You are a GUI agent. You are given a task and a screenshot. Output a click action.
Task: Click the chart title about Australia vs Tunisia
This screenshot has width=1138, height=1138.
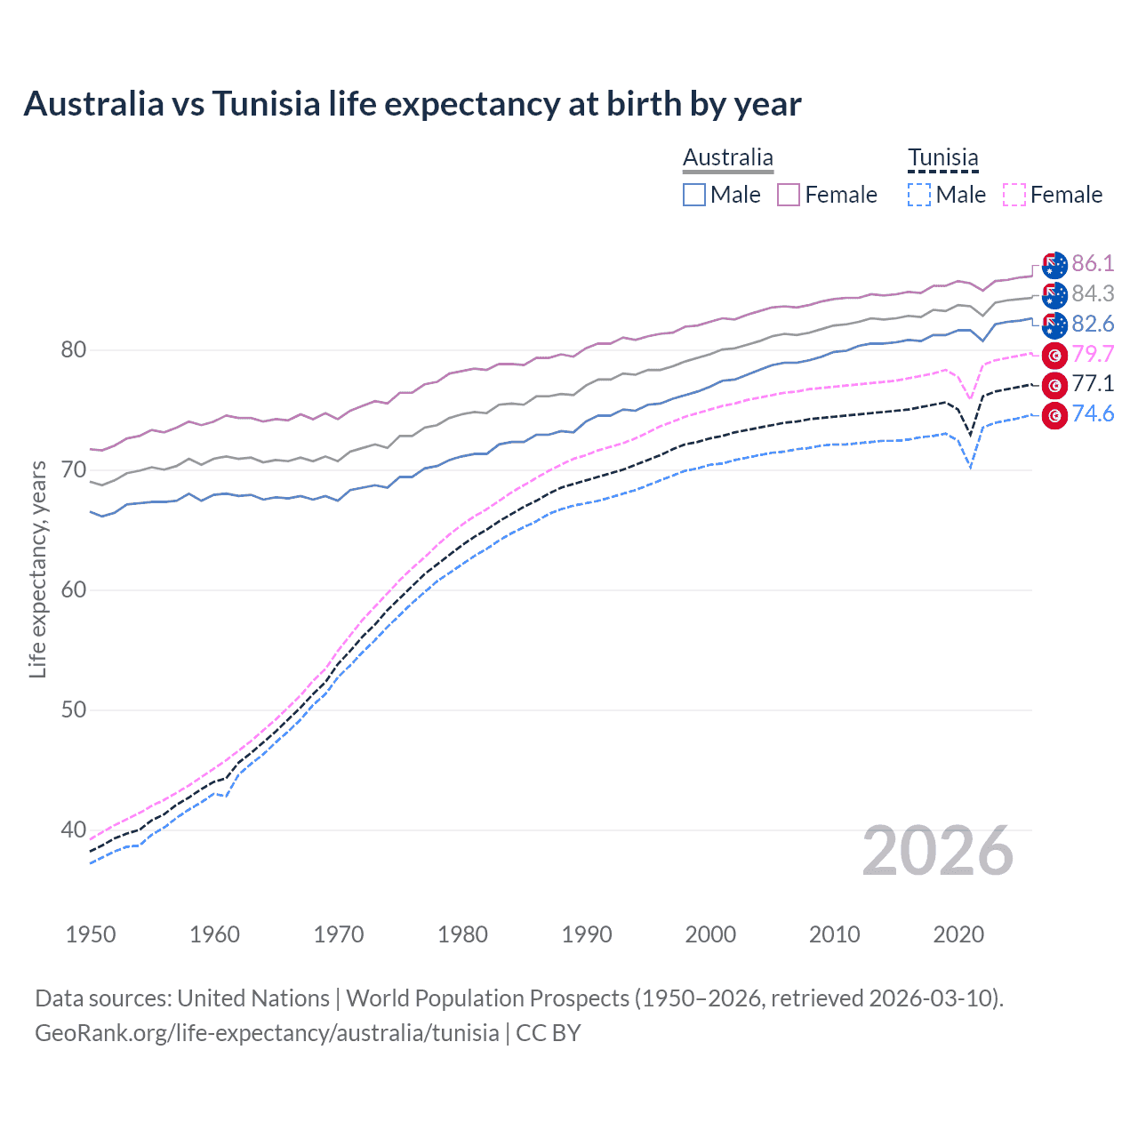point(413,104)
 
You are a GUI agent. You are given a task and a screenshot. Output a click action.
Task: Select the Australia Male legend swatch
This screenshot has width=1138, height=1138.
point(694,195)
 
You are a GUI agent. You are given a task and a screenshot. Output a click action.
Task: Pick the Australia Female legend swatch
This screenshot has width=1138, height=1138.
point(789,195)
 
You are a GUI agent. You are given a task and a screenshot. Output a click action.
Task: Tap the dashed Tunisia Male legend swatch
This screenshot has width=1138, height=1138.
point(919,195)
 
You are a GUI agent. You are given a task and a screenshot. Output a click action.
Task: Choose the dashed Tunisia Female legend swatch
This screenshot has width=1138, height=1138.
point(1014,195)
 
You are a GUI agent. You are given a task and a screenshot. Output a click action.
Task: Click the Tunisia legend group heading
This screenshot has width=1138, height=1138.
point(942,158)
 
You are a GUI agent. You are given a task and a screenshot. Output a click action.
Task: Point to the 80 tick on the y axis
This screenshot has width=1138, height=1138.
point(73,350)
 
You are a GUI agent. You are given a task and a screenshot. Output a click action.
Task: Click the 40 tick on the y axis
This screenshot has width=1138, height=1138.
point(73,830)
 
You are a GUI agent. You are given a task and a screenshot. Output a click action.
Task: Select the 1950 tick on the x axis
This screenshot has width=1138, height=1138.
point(91,934)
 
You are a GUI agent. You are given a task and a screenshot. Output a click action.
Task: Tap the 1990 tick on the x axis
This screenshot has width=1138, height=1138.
point(587,934)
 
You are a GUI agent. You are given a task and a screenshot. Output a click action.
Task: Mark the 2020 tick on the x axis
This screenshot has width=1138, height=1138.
point(958,934)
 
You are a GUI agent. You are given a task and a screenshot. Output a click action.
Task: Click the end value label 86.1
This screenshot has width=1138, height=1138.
point(1093,264)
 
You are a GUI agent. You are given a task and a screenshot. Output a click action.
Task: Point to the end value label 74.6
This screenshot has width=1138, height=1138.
point(1093,413)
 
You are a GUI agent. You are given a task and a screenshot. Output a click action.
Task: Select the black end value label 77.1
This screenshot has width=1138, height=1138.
point(1093,384)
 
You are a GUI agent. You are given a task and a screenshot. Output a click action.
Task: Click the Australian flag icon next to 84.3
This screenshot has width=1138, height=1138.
point(1054,294)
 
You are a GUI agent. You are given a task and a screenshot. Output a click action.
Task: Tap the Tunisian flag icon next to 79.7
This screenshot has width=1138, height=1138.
point(1054,355)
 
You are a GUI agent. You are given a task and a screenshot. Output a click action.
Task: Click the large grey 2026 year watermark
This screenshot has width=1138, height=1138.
point(938,852)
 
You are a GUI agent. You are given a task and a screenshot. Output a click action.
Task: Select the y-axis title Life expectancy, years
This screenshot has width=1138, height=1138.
point(37,569)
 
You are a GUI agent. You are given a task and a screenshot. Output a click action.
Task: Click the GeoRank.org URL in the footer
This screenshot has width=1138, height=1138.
point(267,1033)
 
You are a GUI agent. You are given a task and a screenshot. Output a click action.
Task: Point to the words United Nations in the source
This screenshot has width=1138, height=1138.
point(253,998)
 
